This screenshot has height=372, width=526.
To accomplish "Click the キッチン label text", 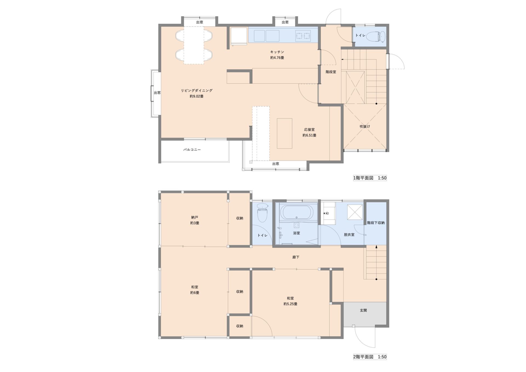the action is point(277,52).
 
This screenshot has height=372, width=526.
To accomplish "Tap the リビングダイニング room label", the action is point(197,90).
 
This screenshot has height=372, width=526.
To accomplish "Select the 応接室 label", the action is point(309,129).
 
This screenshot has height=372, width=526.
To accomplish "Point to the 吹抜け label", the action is point(365,126).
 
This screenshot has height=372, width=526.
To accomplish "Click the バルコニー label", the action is point(192,150).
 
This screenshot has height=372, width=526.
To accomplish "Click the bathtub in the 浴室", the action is point(296,213).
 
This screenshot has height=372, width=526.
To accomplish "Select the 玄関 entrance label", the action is point(363,310).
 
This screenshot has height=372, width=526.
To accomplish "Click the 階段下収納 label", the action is point(376,223).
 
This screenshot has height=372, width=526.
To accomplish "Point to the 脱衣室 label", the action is point(349,234).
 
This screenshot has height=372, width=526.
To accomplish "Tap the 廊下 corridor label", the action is point(296,257).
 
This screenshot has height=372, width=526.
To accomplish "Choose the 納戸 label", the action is point(195,217).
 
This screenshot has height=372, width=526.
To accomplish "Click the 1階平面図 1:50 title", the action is point(370,178).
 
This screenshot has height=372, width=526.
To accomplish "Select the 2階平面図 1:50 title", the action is point(370,357).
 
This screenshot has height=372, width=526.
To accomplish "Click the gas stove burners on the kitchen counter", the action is point(303,36).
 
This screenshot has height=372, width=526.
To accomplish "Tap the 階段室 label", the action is point(331,72).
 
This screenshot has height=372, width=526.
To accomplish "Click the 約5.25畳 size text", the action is point(290,304).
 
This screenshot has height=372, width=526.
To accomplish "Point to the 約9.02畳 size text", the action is point(197,96).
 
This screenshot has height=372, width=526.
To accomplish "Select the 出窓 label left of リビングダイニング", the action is point(157,93).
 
